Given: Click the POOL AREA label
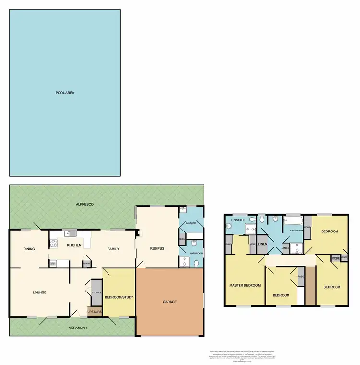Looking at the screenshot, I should (65, 93).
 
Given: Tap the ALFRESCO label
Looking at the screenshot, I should (84, 205).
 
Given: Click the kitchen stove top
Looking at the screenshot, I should (53, 263).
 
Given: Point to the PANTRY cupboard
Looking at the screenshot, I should (86, 263).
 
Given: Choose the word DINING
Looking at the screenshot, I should (29, 249).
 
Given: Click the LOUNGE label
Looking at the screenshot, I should (39, 292).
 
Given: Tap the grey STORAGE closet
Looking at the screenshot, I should (96, 292).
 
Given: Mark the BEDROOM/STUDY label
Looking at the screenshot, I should (119, 297).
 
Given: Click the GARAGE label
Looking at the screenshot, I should (169, 302).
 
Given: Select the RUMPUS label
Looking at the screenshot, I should (157, 248).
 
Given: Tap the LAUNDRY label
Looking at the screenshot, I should (191, 223).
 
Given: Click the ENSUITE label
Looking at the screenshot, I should (239, 220).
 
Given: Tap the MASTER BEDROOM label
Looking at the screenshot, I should (245, 285).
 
